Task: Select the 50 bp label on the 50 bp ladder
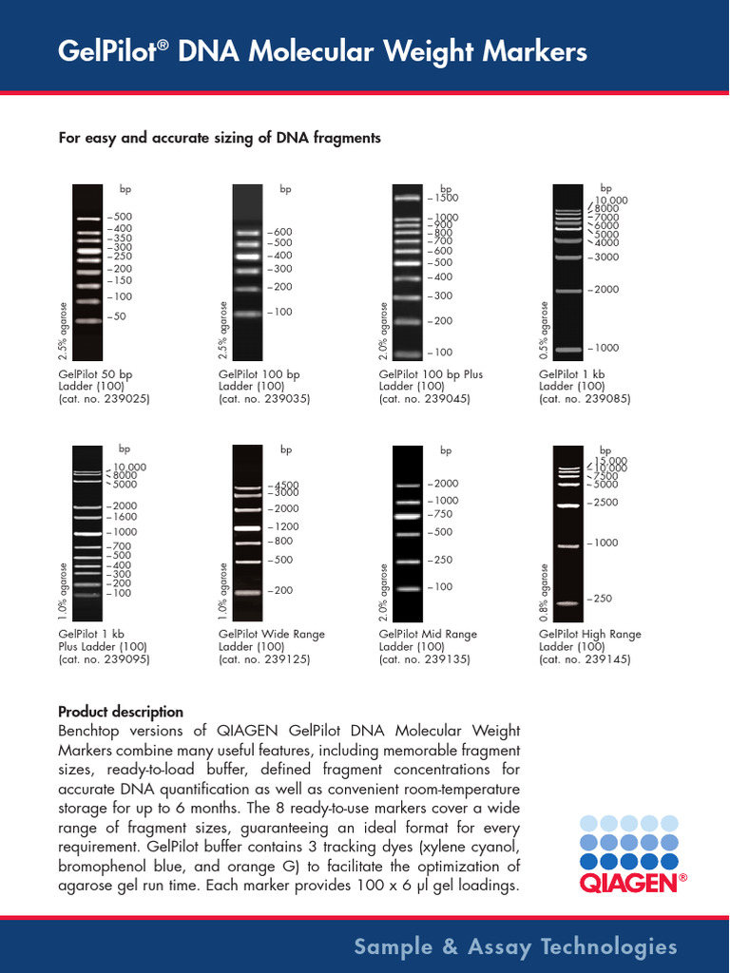point(121,316)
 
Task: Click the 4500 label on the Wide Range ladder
point(287,485)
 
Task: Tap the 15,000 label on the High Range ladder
point(612,461)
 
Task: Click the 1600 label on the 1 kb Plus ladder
point(125,517)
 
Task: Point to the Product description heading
point(121,712)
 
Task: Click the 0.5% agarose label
point(545,331)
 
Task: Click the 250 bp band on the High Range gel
point(568,603)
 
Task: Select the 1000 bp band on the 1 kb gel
point(568,350)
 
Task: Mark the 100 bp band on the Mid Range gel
point(408,589)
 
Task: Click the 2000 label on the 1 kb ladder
point(605,289)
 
